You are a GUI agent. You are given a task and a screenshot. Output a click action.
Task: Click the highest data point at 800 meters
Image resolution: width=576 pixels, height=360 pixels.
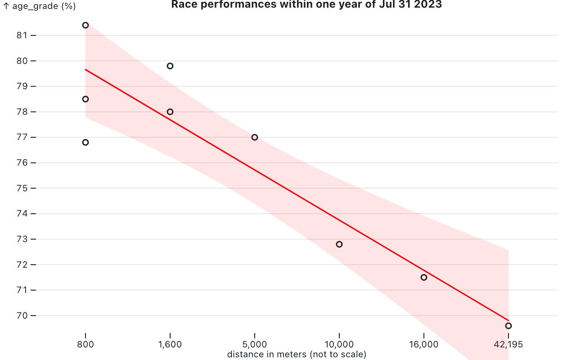pos(85,25)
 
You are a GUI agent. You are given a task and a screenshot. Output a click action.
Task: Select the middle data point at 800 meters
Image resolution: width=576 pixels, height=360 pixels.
pos(85,99)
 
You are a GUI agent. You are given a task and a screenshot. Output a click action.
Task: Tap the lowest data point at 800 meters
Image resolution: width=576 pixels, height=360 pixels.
pos(85,142)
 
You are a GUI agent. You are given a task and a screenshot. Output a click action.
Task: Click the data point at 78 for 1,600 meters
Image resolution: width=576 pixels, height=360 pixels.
pos(170,112)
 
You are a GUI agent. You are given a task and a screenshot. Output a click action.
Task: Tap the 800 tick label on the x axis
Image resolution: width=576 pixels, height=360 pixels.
pos(85,345)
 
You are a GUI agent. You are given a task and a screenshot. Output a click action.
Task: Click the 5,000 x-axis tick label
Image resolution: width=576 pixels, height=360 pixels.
pos(255,345)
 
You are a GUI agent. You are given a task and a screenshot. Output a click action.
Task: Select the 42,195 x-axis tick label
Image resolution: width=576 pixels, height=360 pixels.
pos(508,345)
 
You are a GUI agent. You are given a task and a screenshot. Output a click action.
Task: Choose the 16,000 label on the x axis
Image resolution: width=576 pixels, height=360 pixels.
pos(423,345)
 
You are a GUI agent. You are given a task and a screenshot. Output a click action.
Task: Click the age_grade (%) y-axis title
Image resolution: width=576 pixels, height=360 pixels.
pos(40,6)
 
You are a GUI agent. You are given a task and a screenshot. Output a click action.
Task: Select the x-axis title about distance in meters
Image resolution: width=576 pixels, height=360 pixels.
pos(297,355)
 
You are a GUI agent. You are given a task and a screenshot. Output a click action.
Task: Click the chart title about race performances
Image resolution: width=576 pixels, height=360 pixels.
pos(306,5)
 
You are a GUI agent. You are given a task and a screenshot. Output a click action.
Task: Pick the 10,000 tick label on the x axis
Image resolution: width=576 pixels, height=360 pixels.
pos(339,345)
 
